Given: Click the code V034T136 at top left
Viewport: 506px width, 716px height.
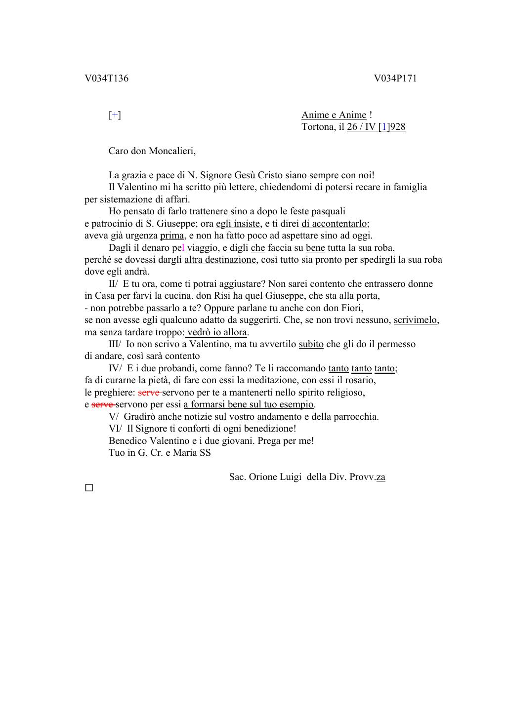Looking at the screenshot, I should (x=106, y=79).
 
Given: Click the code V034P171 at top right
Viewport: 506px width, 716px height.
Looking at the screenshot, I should (x=395, y=79).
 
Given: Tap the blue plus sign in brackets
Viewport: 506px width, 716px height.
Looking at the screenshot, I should (x=115, y=115).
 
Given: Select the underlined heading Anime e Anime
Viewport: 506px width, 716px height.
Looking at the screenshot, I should (x=334, y=115).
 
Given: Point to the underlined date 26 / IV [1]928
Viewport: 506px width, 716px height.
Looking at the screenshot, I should (x=376, y=127).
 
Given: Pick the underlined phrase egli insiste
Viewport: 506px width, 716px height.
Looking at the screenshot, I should (x=238, y=224).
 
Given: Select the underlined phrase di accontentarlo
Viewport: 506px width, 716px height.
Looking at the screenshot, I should (x=335, y=224).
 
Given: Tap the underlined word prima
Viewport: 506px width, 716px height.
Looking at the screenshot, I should (x=172, y=236).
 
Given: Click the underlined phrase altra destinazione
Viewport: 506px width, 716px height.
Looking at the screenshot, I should (x=220, y=260).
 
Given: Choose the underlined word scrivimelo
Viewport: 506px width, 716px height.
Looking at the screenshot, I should (x=416, y=320).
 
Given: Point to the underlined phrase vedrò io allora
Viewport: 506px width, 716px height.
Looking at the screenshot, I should (x=217, y=332).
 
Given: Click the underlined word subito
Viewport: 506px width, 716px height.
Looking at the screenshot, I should (x=311, y=344).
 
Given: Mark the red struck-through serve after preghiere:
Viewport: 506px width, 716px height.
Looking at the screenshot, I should (x=149, y=393).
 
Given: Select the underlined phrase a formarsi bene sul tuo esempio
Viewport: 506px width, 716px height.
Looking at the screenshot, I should (x=249, y=404).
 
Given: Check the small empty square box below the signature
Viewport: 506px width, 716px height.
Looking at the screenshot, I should (x=89, y=488).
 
